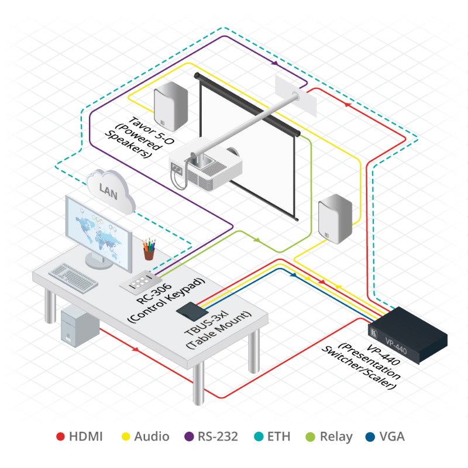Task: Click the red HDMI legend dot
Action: pyautogui.click(x=60, y=436)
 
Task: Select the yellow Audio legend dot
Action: pyautogui.click(x=126, y=436)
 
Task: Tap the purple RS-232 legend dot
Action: pyautogui.click(x=189, y=436)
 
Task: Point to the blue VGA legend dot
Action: pyautogui.click(x=370, y=436)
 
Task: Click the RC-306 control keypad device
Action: pyautogui.click(x=139, y=283)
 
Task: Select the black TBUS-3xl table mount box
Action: pyautogui.click(x=193, y=311)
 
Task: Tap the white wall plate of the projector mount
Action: pyautogui.click(x=296, y=93)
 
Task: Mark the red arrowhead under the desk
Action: pyautogui.click(x=137, y=350)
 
